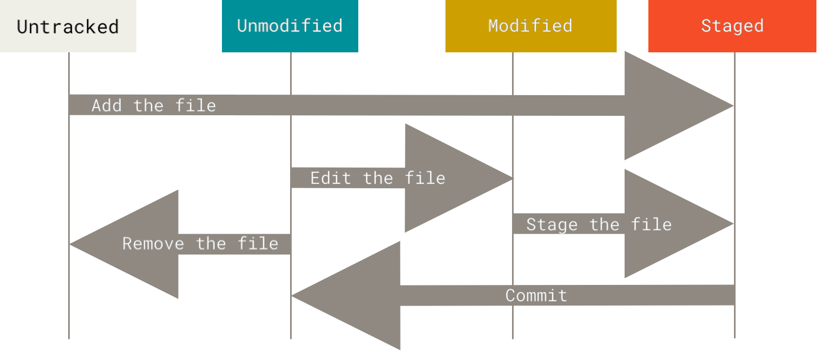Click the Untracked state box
[x=68, y=26]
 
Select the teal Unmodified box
[x=290, y=26]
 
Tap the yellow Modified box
[x=531, y=26]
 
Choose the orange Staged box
[x=732, y=26]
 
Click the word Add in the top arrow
[x=107, y=105]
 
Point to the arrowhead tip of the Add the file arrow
[x=732, y=106]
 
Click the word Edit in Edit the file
[x=330, y=178]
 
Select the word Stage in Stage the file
[x=552, y=224]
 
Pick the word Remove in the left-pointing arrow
[x=153, y=243]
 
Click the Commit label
[x=536, y=295]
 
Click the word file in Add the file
[x=196, y=105]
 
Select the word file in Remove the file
[x=258, y=243]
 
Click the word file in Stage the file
[x=651, y=224]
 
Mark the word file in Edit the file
[x=425, y=178]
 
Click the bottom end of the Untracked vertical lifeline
[x=69, y=337]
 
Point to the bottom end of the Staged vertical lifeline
[x=735, y=336]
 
